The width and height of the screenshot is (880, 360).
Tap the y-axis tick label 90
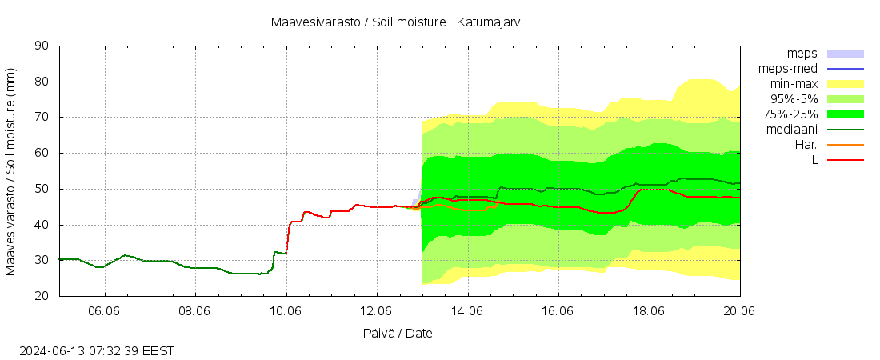click(43, 46)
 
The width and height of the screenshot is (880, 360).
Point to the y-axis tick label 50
click(43, 189)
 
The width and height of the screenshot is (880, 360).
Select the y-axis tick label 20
click(43, 296)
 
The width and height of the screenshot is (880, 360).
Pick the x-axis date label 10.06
click(286, 311)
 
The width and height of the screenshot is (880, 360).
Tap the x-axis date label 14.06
click(468, 311)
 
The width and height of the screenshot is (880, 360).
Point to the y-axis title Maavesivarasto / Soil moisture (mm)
click(11, 171)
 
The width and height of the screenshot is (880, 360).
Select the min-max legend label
click(793, 84)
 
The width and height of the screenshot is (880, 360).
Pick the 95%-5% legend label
click(793, 99)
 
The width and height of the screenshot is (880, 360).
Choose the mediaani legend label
click(791, 130)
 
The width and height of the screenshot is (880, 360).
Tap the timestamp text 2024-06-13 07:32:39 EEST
click(97, 350)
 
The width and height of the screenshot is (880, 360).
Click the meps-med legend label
click(787, 69)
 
